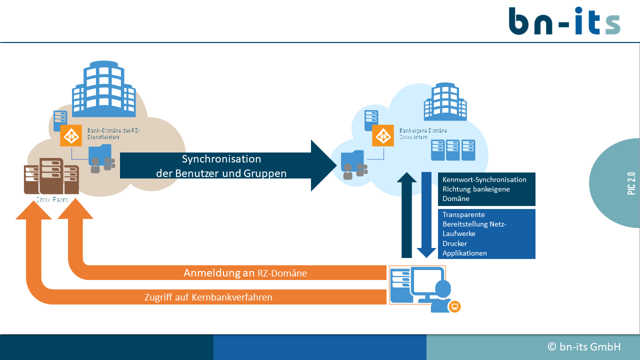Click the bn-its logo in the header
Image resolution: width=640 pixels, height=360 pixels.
564,21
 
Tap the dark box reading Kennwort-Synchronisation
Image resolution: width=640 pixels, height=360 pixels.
486,189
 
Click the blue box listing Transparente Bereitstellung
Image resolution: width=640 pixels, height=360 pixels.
486,233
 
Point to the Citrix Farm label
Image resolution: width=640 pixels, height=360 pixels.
51,200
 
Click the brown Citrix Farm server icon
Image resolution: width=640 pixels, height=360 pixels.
51,176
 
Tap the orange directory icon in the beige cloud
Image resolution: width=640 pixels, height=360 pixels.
71,135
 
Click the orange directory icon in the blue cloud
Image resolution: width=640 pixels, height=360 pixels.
383,135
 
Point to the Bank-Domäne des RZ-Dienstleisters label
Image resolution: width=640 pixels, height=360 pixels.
114,133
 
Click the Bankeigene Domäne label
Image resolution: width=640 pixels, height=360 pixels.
423,133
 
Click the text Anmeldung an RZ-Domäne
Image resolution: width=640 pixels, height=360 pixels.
245,273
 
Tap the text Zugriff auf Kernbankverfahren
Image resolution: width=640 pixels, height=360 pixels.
208,297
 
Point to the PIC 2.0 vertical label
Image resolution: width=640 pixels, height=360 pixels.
632,183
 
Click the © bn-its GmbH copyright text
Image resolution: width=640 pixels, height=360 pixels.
584,347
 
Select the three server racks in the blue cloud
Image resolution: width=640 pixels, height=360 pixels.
453,150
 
